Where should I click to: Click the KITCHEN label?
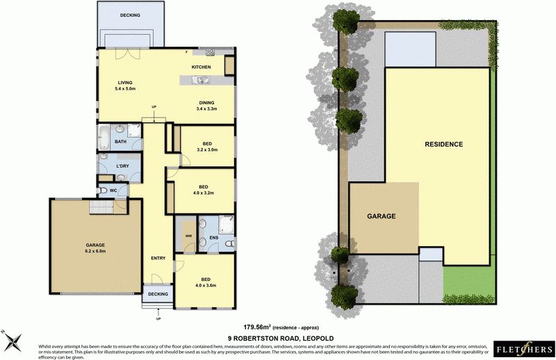coord(202,67)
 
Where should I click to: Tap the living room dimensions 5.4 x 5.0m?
coord(125,88)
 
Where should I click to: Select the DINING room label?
coord(207,102)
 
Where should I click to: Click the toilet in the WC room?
coord(104,190)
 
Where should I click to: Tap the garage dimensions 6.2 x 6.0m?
coord(95,251)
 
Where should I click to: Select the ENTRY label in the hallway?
coord(158,259)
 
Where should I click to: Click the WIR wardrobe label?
coord(188,236)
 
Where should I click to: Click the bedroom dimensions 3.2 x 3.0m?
coord(208,149)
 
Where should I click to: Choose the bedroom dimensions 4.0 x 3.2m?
coord(204,193)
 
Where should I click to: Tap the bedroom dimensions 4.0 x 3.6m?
coord(206,285)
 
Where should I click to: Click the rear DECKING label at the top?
coord(129,15)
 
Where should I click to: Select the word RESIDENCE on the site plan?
coord(443,145)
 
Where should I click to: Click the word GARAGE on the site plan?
coord(382,216)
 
